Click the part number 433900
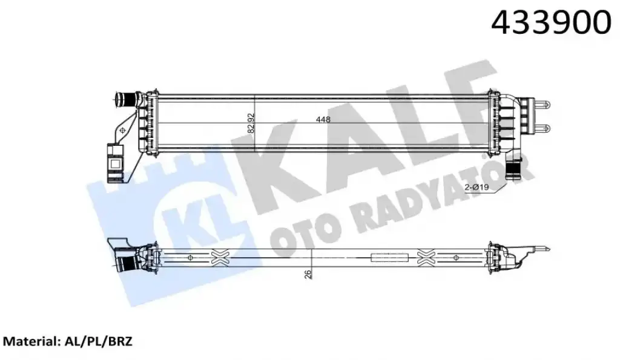point(551,22)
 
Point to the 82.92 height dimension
point(250,123)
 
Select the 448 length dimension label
point(323,119)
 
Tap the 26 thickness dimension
point(308,274)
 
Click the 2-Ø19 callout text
point(477,188)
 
